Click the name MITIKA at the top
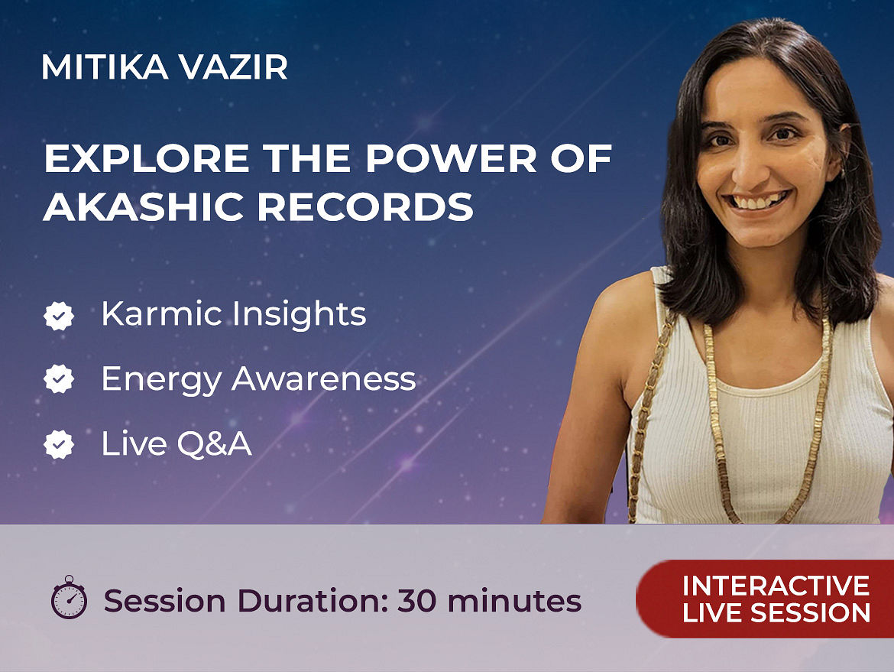tap(105, 67)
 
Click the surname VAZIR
tap(233, 67)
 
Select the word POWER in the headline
tap(451, 158)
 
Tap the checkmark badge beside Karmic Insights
tap(59, 316)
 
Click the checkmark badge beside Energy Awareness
tap(59, 378)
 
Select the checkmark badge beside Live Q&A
tap(59, 444)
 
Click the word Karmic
tap(161, 313)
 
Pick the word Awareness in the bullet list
tap(324, 378)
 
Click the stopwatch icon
tap(69, 597)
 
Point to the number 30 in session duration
tap(418, 601)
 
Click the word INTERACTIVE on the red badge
tap(776, 586)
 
